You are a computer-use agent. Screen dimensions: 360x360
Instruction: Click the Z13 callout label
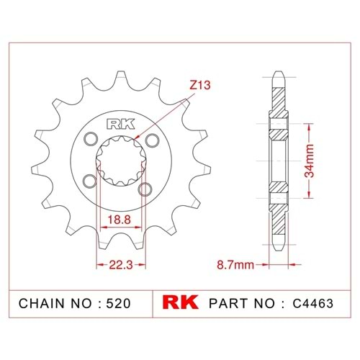(200, 85)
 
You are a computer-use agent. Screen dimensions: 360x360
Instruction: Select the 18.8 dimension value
(119, 220)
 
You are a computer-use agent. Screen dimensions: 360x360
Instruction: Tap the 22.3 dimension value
(121, 265)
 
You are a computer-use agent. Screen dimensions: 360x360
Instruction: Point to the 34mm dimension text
(309, 161)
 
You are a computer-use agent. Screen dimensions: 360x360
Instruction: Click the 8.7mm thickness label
(235, 265)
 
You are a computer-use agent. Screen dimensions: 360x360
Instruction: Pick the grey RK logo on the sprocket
(120, 125)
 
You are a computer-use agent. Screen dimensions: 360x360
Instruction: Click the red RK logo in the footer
(181, 302)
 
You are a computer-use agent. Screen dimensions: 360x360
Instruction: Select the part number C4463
(312, 303)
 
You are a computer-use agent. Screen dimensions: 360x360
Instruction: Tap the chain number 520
(118, 303)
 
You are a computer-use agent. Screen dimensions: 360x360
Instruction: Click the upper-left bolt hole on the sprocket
(91, 139)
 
